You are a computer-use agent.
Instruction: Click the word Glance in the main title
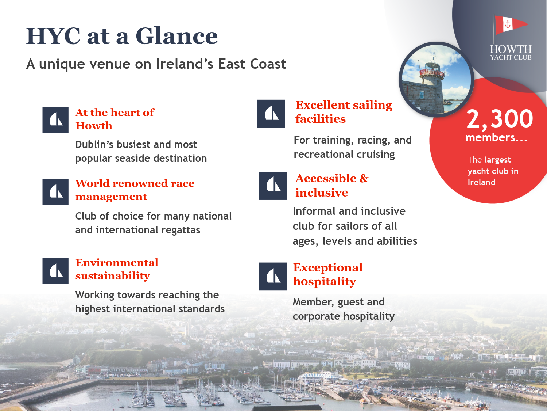coord(176,36)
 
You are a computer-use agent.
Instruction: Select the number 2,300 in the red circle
coord(500,119)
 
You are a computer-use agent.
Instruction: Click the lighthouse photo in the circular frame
coord(436,79)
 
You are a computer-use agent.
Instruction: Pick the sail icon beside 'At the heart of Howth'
coord(55,120)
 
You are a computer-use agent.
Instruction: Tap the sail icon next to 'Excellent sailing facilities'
coord(271,114)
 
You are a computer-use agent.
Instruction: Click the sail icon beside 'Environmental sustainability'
coord(55,271)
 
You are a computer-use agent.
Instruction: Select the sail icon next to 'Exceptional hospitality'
coord(273,277)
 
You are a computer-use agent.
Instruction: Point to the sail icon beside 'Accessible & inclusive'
coord(273,186)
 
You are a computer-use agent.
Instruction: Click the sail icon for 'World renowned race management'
coord(55,192)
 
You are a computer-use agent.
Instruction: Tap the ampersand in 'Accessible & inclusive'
coord(364,178)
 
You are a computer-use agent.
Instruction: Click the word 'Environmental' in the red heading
coord(117,263)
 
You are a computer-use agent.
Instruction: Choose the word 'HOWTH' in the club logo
coord(511,49)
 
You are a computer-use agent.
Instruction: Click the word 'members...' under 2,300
coord(496,137)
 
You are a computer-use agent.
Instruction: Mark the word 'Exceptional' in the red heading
coord(328,267)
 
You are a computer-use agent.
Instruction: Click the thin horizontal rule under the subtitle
coord(79,81)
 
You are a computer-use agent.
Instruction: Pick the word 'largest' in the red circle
coord(498,160)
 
